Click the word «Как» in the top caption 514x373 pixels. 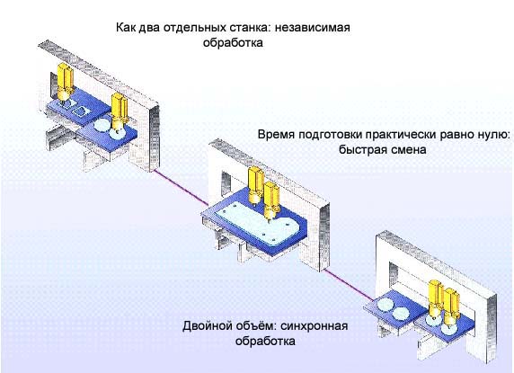pyautogui.click(x=126, y=27)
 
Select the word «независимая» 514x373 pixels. pyautogui.click(x=313, y=27)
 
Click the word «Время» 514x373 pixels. pyautogui.click(x=276, y=135)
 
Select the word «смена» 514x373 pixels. pyautogui.click(x=409, y=150)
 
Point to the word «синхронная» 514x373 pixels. pyautogui.click(x=315, y=326)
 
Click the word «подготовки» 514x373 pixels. pyautogui.click(x=330, y=135)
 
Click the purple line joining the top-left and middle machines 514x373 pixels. pyautogui.click(x=181, y=187)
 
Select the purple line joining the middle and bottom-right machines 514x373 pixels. pyautogui.click(x=348, y=284)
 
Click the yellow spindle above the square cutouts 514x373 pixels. pyautogui.click(x=65, y=81)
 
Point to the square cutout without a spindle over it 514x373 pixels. pyautogui.click(x=81, y=111)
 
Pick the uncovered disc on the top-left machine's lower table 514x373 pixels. pyautogui.click(x=102, y=124)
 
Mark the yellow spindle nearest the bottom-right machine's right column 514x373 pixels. pyautogui.click(x=450, y=306)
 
